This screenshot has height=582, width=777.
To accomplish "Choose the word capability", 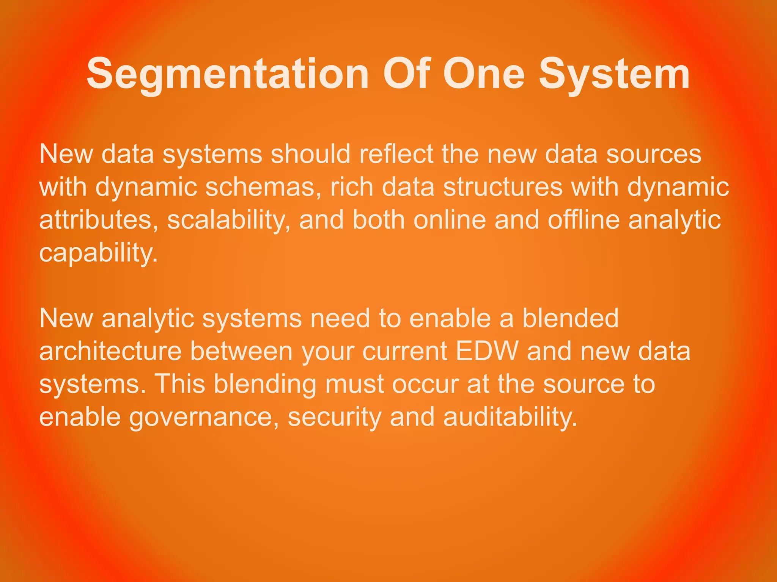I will coord(98,253).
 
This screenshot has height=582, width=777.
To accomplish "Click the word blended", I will coord(570,318).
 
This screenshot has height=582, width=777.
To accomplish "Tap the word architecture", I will coord(110,351).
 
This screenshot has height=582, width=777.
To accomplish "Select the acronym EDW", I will coord(487,351).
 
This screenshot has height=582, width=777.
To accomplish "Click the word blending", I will coord(264,384).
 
